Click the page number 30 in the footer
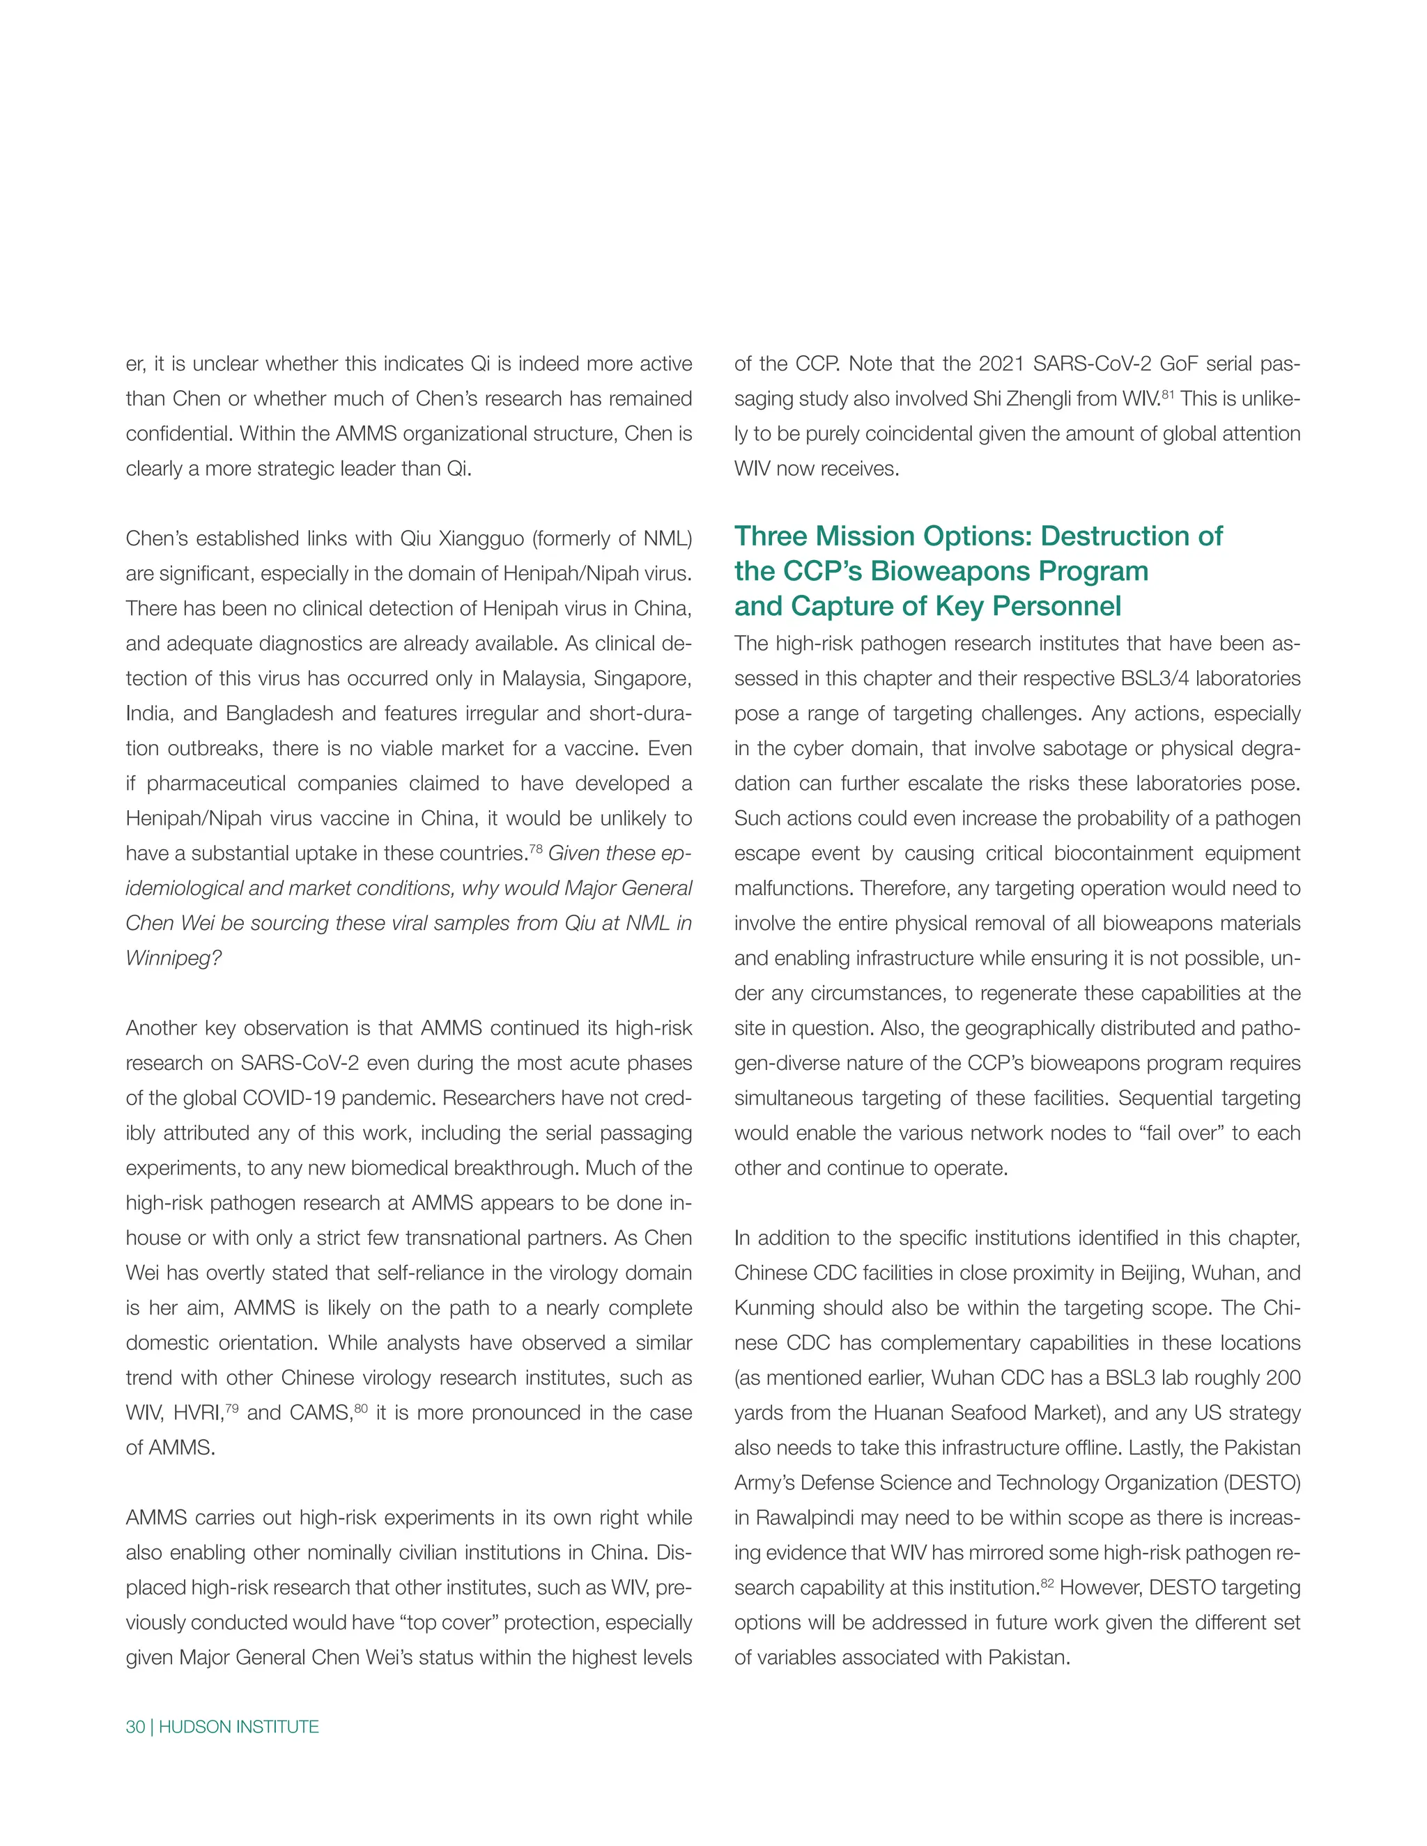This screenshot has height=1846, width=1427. pyautogui.click(x=134, y=1727)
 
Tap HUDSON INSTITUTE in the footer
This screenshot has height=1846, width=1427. pyautogui.click(x=238, y=1727)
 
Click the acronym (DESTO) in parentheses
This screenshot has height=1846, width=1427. pyautogui.click(x=1261, y=1483)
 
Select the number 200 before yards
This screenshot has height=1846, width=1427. pyautogui.click(x=1283, y=1379)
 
